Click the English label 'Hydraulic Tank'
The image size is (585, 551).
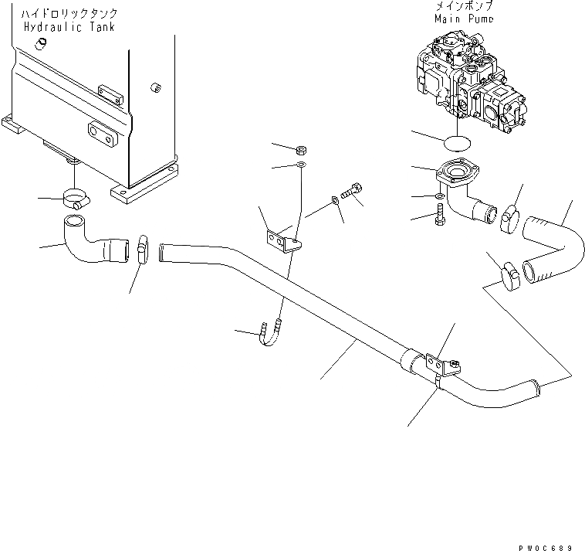click(x=69, y=27)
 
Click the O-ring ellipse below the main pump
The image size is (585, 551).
click(x=458, y=142)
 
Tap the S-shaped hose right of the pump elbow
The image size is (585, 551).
click(x=554, y=245)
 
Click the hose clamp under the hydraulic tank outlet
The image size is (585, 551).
click(x=75, y=200)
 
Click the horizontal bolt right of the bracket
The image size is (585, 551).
click(x=352, y=192)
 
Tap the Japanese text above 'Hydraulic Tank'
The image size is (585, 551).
click(x=69, y=14)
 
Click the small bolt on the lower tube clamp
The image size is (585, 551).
click(x=455, y=367)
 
